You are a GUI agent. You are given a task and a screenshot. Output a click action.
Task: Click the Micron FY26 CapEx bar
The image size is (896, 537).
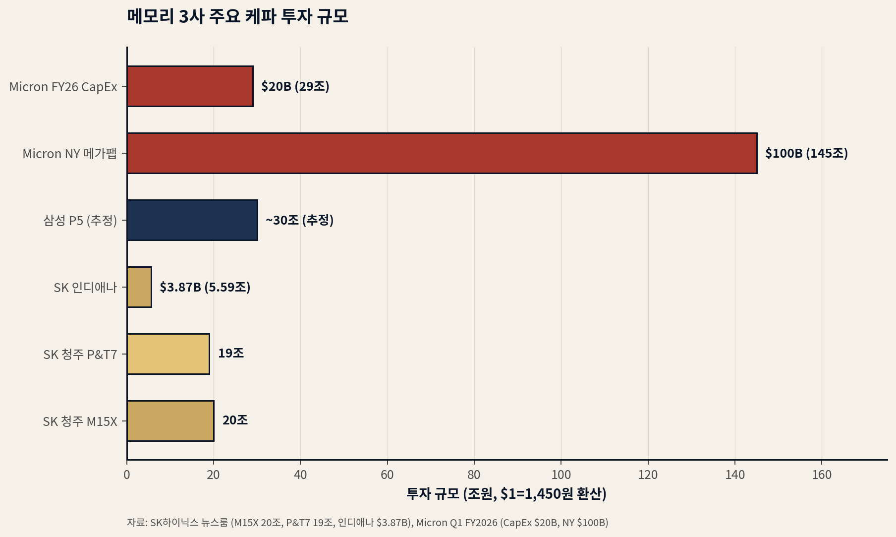tap(190, 86)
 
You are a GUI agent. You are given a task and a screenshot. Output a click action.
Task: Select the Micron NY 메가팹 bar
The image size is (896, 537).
tap(442, 153)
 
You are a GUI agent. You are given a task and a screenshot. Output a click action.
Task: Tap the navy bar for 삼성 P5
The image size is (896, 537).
tap(192, 220)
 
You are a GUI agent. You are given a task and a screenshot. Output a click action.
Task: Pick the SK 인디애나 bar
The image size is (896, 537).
tap(139, 287)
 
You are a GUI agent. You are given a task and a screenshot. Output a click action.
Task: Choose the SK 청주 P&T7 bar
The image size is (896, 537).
tap(168, 354)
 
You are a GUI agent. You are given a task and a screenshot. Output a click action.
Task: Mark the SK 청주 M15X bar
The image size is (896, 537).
tap(170, 421)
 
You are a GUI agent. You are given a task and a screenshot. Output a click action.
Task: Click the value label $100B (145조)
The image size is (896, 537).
tap(806, 153)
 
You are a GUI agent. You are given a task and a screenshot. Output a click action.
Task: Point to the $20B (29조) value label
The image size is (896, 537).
tap(295, 86)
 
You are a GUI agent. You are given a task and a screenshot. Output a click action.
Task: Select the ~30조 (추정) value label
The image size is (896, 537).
tap(299, 220)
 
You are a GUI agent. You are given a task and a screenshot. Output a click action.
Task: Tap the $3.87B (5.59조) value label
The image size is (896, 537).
tap(205, 287)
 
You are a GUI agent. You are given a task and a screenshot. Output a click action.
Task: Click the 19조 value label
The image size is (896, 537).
tap(231, 353)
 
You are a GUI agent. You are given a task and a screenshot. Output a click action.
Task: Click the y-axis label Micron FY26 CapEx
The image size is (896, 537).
tap(63, 87)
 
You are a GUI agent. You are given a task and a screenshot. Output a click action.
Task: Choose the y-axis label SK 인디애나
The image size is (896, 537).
tap(85, 288)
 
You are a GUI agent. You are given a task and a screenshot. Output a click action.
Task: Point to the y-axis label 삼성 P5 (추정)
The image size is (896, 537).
tap(80, 220)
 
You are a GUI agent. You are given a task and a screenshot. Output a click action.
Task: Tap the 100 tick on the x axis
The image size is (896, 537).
tap(561, 475)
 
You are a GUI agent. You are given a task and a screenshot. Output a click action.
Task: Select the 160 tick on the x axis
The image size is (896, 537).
tap(822, 475)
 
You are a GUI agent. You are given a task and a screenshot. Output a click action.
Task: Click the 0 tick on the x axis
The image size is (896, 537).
tap(127, 475)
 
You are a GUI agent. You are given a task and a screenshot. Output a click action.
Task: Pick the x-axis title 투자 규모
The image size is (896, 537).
tap(506, 494)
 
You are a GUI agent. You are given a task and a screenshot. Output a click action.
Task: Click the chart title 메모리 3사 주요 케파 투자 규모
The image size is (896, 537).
tap(238, 16)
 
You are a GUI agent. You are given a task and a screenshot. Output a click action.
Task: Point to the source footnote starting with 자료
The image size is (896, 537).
tap(367, 523)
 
